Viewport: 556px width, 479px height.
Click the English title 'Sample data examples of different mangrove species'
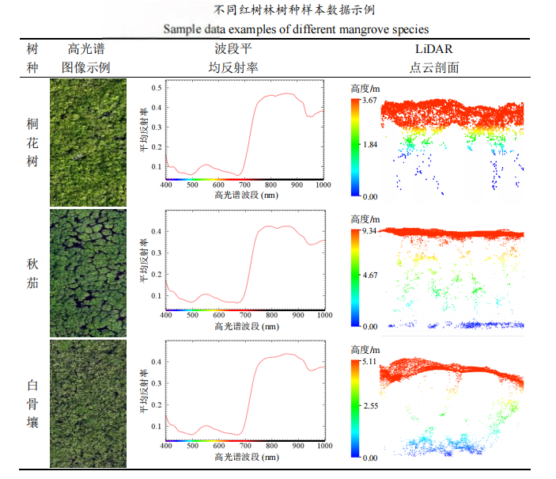(296, 29)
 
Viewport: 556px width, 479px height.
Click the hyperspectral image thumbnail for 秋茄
(88, 273)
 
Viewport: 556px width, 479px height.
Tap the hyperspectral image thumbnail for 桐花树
(88, 143)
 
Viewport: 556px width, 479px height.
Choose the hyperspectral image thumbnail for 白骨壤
(88, 404)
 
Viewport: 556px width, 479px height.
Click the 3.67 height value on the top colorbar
(369, 101)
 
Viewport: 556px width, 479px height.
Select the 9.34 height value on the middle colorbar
(369, 230)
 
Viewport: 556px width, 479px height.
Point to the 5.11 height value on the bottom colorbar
(369, 362)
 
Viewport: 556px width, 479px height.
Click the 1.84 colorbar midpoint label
(369, 146)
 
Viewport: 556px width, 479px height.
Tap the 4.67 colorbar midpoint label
(369, 276)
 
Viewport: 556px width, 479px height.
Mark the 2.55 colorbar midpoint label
(369, 407)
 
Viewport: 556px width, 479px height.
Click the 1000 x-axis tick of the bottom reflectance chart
(323, 447)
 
